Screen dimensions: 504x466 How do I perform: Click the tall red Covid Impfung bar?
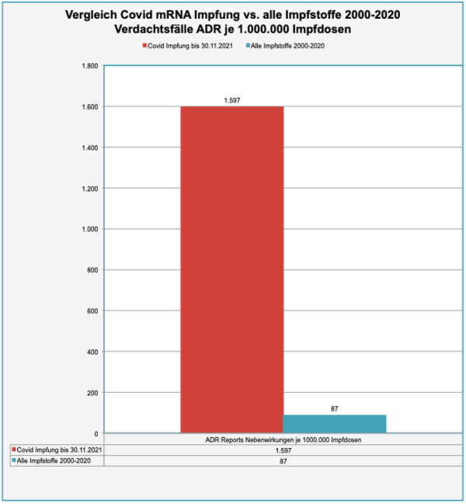tap(231, 268)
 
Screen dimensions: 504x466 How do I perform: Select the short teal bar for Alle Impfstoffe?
tap(334, 423)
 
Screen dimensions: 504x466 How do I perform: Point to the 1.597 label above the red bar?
tap(231, 100)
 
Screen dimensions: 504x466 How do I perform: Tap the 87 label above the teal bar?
tap(335, 408)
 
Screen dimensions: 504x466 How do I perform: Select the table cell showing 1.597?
tap(283, 450)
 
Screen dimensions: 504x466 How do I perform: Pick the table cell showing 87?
tap(283, 461)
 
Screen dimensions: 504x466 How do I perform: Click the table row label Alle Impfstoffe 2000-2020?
tap(56, 461)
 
